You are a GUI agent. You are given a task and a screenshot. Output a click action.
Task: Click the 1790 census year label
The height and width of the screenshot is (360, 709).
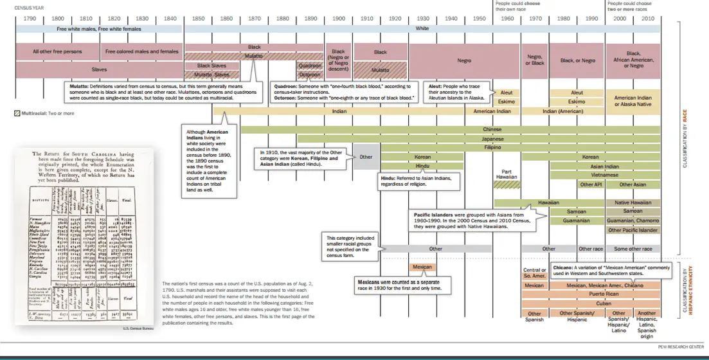[x=30, y=19]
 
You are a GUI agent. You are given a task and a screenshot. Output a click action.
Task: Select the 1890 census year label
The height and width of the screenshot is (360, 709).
[x=310, y=19]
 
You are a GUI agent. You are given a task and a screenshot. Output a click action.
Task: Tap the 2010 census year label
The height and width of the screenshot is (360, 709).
[x=648, y=19]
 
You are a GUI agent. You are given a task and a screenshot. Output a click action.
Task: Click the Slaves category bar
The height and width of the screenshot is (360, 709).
[x=100, y=69]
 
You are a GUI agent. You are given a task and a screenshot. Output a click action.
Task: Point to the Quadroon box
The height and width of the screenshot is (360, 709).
[x=309, y=66]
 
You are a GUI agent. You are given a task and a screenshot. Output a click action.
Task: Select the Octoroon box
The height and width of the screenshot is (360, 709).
[x=309, y=75]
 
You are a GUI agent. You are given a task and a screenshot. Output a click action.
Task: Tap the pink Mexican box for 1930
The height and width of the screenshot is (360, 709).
[x=422, y=267]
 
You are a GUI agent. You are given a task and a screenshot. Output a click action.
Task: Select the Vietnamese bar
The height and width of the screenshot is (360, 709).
[x=605, y=175]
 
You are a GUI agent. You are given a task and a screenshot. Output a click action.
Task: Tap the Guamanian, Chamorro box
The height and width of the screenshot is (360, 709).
[x=633, y=221]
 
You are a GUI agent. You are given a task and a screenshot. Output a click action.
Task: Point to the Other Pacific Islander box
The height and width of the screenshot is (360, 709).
[x=633, y=230]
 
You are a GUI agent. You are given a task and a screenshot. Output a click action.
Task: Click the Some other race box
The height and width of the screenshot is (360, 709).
[x=633, y=249]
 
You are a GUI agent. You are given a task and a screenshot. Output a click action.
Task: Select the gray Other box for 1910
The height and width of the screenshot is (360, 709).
[x=366, y=157]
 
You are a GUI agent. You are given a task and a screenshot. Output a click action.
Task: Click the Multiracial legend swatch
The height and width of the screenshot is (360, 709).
[x=17, y=113]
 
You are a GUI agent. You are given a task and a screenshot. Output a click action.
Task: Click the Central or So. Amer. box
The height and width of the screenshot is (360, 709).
[x=534, y=273]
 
